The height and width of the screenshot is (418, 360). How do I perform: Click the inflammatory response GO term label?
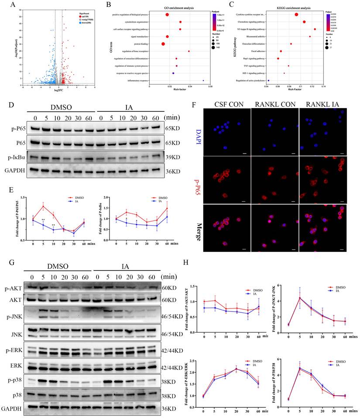pos(135,81)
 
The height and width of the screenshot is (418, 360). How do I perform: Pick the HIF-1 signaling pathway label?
pos(250,73)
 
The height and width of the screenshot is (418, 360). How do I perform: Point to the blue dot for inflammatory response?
pos(203,81)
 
